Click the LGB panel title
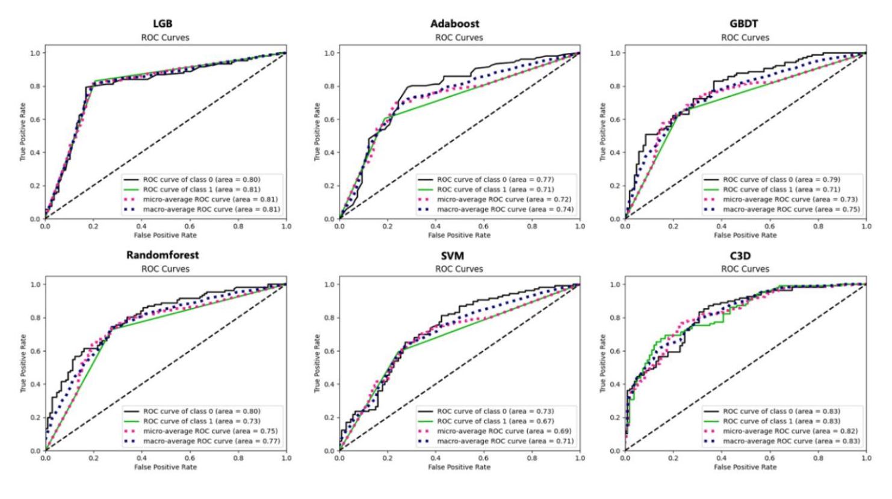click(163, 23)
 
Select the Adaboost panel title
click(454, 23)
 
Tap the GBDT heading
click(743, 23)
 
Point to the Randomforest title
click(163, 255)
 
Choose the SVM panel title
click(452, 256)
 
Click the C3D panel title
click(740, 256)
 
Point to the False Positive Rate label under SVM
click(459, 467)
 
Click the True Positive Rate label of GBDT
click(602, 132)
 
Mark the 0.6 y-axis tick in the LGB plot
click(35, 120)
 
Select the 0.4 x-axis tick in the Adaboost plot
click(435, 227)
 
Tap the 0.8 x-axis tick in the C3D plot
click(818, 458)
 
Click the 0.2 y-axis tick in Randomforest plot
click(35, 417)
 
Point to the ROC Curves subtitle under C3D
click(745, 269)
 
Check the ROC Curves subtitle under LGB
click(165, 37)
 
